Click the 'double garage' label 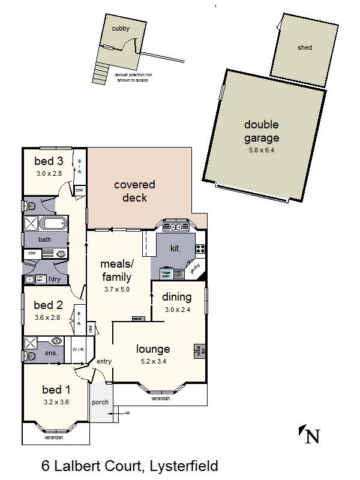tap(261, 131)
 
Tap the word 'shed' tap(304, 47)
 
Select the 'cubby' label tap(120, 28)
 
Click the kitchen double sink tap(176, 227)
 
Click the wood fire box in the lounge tap(200, 351)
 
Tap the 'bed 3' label tap(49, 161)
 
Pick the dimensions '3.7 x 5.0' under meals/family tap(116, 289)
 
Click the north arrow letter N tap(312, 436)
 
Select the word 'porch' tap(100, 402)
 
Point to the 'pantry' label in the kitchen tap(195, 269)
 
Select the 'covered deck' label tap(134, 191)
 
